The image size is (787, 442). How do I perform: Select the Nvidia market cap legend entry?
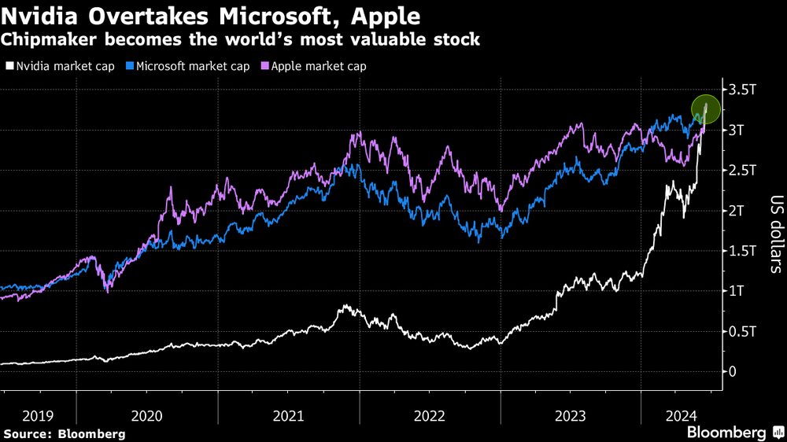click(67, 66)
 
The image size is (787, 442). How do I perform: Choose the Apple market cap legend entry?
click(318, 66)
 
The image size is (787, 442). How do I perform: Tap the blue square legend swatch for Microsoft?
click(130, 66)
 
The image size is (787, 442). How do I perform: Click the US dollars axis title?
click(775, 234)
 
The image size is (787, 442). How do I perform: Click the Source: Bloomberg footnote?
click(65, 433)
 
